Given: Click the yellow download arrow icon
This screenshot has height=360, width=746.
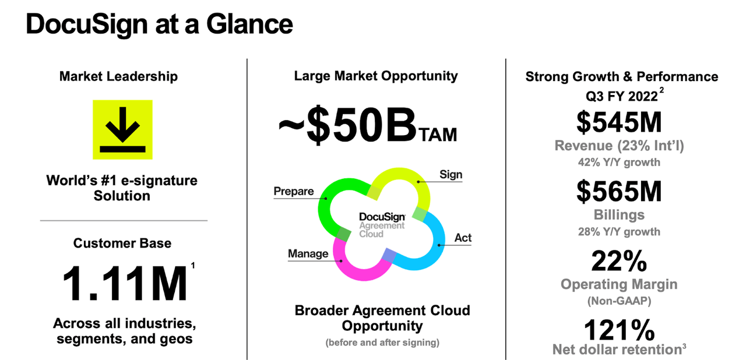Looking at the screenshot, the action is click(x=122, y=130).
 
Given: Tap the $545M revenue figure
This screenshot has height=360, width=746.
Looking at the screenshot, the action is click(x=619, y=122).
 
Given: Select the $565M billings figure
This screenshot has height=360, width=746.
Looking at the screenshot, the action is click(x=619, y=191).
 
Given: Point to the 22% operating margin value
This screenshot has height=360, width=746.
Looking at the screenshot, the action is click(x=619, y=261).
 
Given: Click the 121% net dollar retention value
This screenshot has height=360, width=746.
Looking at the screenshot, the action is click(x=619, y=330).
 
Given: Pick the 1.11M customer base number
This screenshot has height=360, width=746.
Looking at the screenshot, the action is click(x=125, y=284).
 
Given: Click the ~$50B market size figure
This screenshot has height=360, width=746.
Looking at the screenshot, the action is click(x=347, y=125).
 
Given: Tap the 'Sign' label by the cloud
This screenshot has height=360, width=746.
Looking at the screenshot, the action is click(x=451, y=174).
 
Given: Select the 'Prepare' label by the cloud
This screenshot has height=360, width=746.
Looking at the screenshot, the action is click(x=293, y=191).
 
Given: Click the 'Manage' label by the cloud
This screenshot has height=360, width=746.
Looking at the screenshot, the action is click(x=308, y=253).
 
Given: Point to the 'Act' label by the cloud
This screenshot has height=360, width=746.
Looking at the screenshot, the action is click(x=463, y=238).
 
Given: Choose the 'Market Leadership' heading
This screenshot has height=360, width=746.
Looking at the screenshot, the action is click(x=118, y=76).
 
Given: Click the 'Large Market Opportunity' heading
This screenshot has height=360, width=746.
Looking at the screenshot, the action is click(x=376, y=76).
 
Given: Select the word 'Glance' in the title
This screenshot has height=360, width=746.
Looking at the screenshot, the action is click(x=249, y=24).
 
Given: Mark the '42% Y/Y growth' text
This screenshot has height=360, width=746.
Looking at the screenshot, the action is click(x=619, y=162).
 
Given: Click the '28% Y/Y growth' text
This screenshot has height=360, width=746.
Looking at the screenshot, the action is click(x=619, y=232).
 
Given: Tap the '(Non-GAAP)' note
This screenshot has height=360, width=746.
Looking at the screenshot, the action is click(x=619, y=301).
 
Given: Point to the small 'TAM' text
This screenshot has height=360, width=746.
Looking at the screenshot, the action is click(x=438, y=135).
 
